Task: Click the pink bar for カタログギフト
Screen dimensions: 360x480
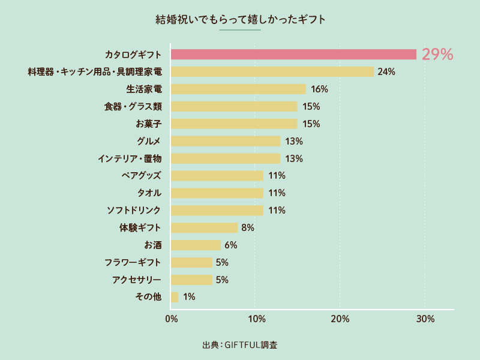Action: coord(293,55)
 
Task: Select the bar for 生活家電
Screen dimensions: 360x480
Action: coord(238,89)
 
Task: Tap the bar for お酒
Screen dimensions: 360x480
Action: coord(196,245)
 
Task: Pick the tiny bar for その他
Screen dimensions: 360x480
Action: coord(175,297)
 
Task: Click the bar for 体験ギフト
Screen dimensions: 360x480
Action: coord(204,227)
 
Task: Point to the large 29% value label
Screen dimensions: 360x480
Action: coord(437,55)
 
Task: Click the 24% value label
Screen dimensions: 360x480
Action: coord(386,72)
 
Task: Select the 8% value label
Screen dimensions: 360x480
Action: coord(248,227)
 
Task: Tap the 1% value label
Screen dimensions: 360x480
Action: coord(189,297)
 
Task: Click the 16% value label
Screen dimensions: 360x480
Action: coord(319,89)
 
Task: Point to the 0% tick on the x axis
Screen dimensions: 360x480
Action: coord(172,319)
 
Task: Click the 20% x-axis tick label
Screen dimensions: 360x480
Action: coord(340,319)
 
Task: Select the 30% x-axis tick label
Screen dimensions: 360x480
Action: coord(425,319)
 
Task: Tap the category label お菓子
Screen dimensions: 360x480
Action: coord(149,124)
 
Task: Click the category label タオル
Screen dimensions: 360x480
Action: coord(149,193)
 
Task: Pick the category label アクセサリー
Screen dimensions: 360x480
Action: coord(136,280)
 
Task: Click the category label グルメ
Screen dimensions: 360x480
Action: coord(149,142)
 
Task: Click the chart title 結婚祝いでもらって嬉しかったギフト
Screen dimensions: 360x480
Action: coord(240,20)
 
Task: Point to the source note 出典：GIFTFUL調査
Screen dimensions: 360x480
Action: coord(240,345)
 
